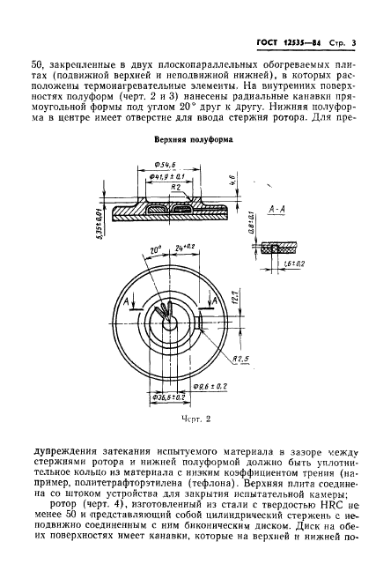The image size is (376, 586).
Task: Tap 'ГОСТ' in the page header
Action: pyautogui.click(x=268, y=18)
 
